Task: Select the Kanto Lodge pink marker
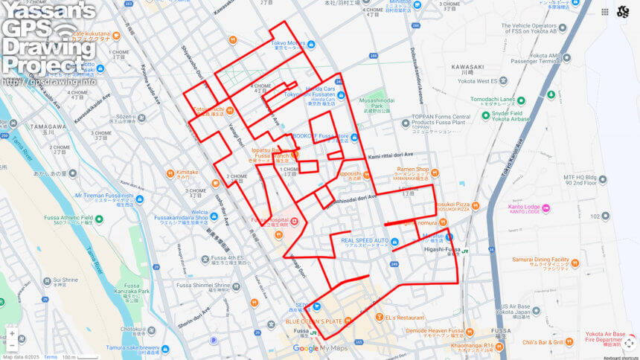point(546,208)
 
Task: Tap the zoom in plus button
point(12,334)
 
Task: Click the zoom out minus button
point(12,345)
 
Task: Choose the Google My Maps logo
point(320,348)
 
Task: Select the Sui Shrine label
point(65,280)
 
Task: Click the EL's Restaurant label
point(405,318)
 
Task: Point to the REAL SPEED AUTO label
point(365,241)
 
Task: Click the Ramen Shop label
point(412,170)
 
